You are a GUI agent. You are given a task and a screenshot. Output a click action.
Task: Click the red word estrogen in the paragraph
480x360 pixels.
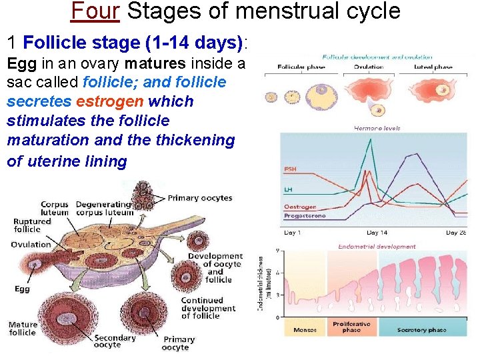coord(111,101)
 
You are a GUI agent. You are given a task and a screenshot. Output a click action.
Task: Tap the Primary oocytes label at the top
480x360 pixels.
coord(199,198)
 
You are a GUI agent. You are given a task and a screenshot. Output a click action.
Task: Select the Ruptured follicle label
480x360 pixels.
coord(31,225)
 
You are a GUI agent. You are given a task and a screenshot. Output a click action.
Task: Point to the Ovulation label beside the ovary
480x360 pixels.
coord(31,245)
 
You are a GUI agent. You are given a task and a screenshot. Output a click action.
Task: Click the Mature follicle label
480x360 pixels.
coord(23,329)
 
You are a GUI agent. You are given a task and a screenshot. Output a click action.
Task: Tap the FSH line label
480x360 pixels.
coord(291,169)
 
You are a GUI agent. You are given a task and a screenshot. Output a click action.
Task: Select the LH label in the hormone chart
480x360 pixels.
coord(289,191)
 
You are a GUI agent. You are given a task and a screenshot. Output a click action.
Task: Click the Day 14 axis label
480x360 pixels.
coord(377,233)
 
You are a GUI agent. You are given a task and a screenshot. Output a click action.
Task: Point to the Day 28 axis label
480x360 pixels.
coord(455,233)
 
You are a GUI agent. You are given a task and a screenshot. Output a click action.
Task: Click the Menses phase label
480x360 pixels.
coord(305,330)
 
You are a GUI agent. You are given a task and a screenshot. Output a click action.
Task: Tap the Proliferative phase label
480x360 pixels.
coord(351,327)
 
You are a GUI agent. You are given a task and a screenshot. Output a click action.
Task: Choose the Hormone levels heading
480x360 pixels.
coord(377,128)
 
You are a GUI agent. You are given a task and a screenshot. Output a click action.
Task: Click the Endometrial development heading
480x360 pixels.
coord(377,246)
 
